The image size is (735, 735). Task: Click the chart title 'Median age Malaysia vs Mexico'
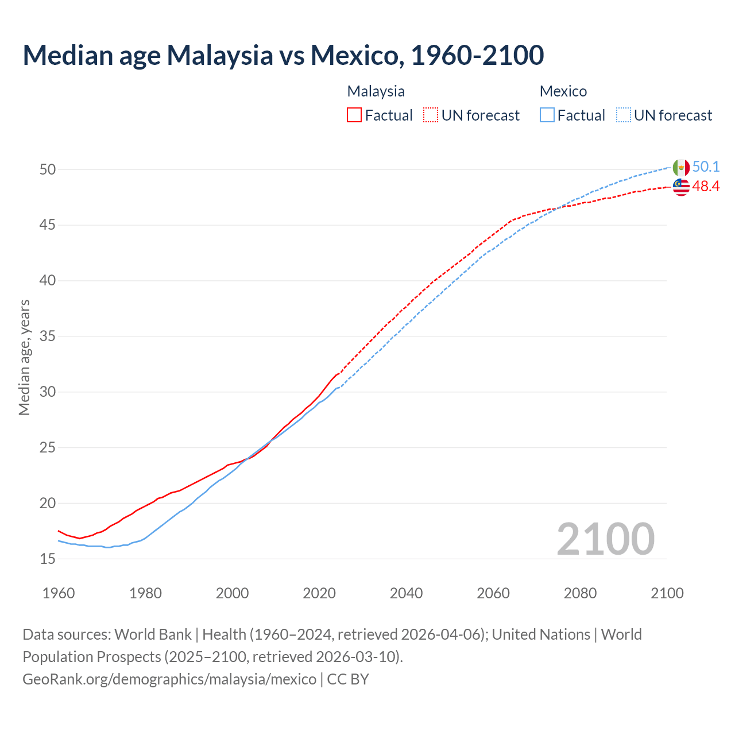coord(283,55)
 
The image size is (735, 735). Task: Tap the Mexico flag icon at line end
coord(681,168)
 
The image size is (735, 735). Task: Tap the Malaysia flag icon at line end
coord(681,187)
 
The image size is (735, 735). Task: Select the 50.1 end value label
coord(706,167)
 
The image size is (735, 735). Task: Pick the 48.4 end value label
coord(706,187)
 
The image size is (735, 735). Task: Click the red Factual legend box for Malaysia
coord(354,115)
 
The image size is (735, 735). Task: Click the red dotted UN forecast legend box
coord(431,115)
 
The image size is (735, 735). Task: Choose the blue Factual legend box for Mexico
coord(547,115)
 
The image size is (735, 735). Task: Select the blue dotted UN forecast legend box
coord(624,115)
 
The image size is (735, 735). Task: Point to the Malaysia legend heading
coord(376,91)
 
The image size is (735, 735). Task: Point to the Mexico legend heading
coord(563,91)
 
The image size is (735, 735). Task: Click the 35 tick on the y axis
coord(48,336)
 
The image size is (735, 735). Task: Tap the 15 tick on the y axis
coord(48,559)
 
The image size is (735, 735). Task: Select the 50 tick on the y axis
coord(48,169)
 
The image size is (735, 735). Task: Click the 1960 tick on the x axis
coord(59,593)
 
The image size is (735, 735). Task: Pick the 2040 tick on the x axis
coord(406,593)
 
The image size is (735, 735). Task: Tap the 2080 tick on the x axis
coord(580,593)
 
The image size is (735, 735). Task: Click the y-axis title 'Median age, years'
coord(24,357)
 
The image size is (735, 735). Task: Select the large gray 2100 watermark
coord(605,539)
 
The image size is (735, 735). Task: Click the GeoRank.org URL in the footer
coord(169,679)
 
